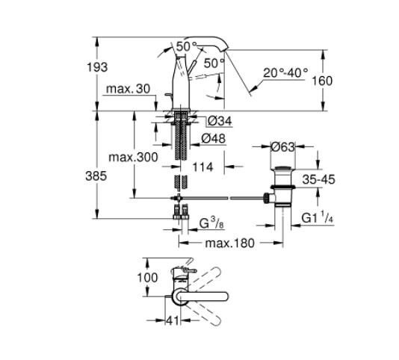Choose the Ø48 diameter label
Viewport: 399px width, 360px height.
click(x=214, y=138)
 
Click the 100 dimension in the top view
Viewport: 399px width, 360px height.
click(x=149, y=278)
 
